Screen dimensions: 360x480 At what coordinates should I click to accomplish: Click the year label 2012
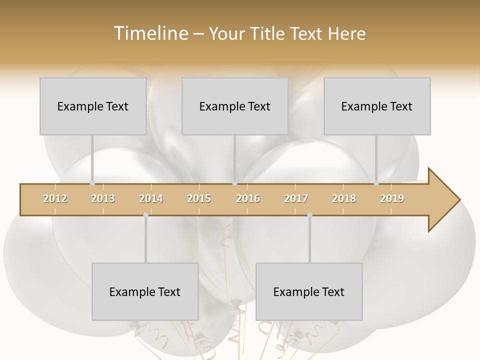[55, 198]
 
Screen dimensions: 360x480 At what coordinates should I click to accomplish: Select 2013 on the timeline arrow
[103, 198]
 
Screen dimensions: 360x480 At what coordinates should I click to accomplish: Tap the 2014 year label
[151, 198]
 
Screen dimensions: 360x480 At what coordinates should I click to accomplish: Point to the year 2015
[199, 198]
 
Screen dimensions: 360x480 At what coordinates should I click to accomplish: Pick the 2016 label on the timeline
[248, 198]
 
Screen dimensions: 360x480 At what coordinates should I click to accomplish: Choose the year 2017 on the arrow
[296, 198]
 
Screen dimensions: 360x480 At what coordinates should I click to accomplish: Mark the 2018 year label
[344, 198]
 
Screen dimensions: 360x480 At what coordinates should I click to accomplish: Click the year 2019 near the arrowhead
[392, 198]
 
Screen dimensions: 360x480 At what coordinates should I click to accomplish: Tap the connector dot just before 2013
[92, 183]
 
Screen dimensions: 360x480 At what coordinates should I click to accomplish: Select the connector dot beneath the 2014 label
[145, 215]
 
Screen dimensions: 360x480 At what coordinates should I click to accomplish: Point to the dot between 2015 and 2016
[234, 183]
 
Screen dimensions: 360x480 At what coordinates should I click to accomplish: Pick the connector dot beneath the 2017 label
[309, 215]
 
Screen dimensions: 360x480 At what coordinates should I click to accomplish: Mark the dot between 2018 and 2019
[376, 183]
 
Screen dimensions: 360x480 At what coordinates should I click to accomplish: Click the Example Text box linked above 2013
[93, 106]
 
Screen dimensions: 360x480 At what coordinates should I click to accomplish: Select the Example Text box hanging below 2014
[145, 291]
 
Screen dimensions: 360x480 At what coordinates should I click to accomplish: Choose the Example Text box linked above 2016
[235, 106]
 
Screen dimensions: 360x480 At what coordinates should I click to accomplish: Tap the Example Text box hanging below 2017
[309, 291]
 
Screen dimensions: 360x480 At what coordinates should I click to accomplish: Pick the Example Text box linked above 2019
[377, 106]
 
